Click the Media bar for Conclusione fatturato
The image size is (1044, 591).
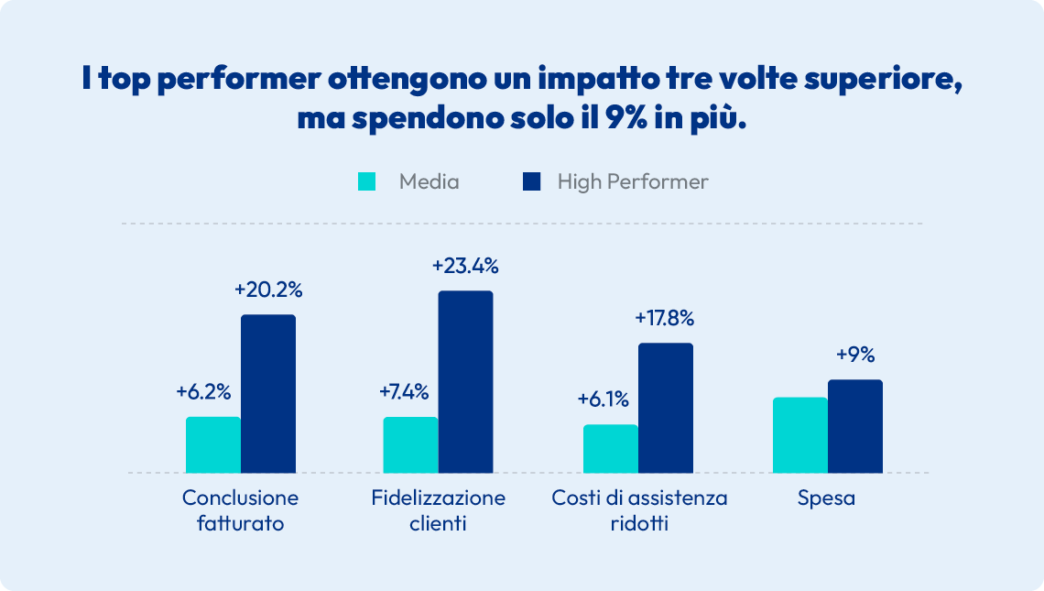(x=213, y=445)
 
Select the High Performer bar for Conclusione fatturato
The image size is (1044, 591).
(x=268, y=394)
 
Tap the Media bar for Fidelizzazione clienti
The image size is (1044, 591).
(x=410, y=445)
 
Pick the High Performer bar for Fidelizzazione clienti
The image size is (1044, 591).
(x=465, y=382)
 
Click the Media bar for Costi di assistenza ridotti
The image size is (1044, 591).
(x=611, y=449)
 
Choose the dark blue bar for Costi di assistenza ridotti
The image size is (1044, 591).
(x=666, y=408)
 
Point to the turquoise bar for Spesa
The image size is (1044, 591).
(x=800, y=435)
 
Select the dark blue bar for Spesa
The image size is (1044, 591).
(x=855, y=426)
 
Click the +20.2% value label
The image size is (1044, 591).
(x=268, y=290)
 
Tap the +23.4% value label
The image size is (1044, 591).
(x=465, y=267)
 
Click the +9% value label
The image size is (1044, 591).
(x=855, y=356)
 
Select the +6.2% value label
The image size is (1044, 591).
(x=203, y=392)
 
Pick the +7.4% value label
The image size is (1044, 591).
(x=404, y=392)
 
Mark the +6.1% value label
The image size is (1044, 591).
(x=603, y=399)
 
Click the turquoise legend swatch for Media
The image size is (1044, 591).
(x=366, y=181)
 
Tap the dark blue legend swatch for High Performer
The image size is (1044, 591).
(x=531, y=181)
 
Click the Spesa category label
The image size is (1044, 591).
(x=826, y=498)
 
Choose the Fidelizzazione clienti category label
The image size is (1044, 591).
(x=439, y=511)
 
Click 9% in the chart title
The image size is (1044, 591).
(x=625, y=120)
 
